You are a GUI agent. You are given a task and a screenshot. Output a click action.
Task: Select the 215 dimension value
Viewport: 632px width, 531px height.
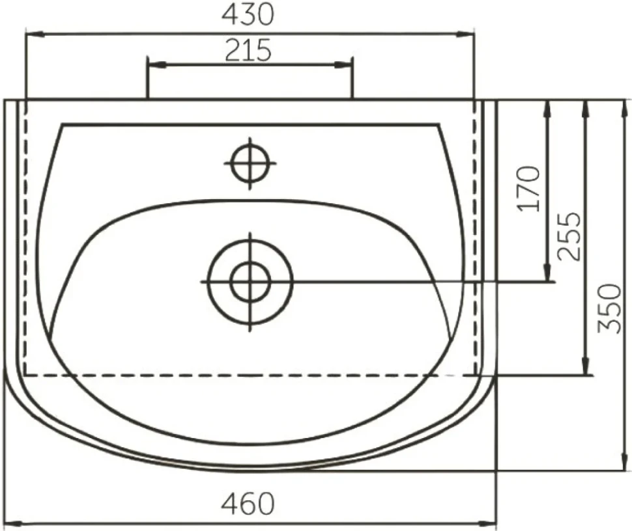click(x=248, y=50)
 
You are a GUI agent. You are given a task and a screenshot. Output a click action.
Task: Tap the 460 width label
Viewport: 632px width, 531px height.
click(x=248, y=503)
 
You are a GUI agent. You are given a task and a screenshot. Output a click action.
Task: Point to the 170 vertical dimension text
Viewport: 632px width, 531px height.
click(x=529, y=189)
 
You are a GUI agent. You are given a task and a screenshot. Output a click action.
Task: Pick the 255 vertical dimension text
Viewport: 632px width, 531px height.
click(x=569, y=236)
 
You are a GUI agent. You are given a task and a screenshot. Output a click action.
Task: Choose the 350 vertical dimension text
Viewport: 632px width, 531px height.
click(x=609, y=309)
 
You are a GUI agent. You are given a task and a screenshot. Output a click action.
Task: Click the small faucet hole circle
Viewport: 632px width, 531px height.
click(x=250, y=163)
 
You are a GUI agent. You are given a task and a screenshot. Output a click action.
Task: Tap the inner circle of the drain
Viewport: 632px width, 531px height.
click(x=250, y=282)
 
